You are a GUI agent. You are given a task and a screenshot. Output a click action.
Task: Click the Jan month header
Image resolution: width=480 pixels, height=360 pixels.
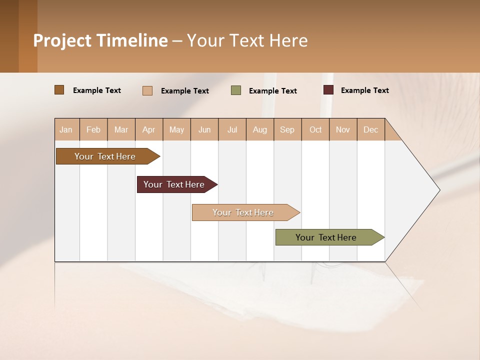click(66, 129)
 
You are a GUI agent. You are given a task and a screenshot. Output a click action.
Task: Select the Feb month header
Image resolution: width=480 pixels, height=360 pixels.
click(93, 129)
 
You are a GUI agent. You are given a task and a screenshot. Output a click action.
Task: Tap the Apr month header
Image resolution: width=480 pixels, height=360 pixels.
click(149, 129)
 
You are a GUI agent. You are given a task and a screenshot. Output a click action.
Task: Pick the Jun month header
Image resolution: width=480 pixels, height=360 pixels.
click(204, 129)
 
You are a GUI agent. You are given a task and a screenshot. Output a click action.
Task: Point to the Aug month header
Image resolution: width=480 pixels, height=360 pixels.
click(260, 129)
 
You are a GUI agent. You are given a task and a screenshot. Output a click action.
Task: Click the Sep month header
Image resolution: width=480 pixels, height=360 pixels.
click(287, 129)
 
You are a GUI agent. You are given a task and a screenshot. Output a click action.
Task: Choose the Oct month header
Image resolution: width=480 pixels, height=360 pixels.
click(315, 129)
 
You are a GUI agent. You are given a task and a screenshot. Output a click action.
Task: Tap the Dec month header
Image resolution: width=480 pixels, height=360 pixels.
click(371, 129)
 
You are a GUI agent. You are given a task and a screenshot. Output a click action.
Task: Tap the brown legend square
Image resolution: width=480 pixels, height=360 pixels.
click(59, 90)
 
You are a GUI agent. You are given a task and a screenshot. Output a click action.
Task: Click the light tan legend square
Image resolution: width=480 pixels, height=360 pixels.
click(147, 90)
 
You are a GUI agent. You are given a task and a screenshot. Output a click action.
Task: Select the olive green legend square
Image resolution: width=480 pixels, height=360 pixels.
click(236, 90)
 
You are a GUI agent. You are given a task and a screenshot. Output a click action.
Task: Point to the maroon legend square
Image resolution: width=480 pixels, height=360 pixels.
click(328, 90)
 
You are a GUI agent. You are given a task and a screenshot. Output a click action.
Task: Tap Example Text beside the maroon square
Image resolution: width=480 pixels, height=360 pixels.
click(364, 90)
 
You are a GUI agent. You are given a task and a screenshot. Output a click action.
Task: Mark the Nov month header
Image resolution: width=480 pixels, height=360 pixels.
click(343, 129)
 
